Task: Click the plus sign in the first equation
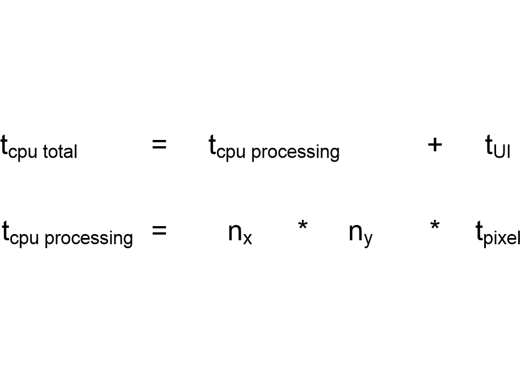(x=434, y=145)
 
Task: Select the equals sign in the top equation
(x=159, y=144)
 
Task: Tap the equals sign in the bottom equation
(x=159, y=230)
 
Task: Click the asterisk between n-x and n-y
(x=303, y=225)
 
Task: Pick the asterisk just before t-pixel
(x=434, y=225)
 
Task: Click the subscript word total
(x=60, y=152)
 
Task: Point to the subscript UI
(x=502, y=152)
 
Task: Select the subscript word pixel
(x=502, y=237)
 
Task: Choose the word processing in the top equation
(x=296, y=152)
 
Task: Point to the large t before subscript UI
(x=489, y=145)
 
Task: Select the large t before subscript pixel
(x=479, y=231)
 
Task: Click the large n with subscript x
(x=235, y=232)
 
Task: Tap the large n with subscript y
(x=356, y=232)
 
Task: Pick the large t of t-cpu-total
(x=4, y=145)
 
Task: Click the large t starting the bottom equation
(x=5, y=231)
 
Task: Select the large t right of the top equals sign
(x=212, y=145)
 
